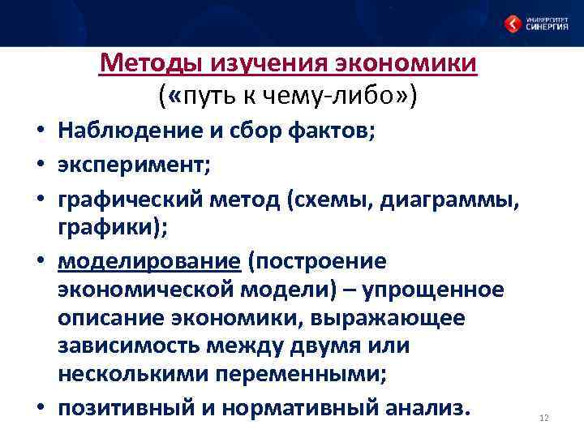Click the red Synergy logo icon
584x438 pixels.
pos(513,23)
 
